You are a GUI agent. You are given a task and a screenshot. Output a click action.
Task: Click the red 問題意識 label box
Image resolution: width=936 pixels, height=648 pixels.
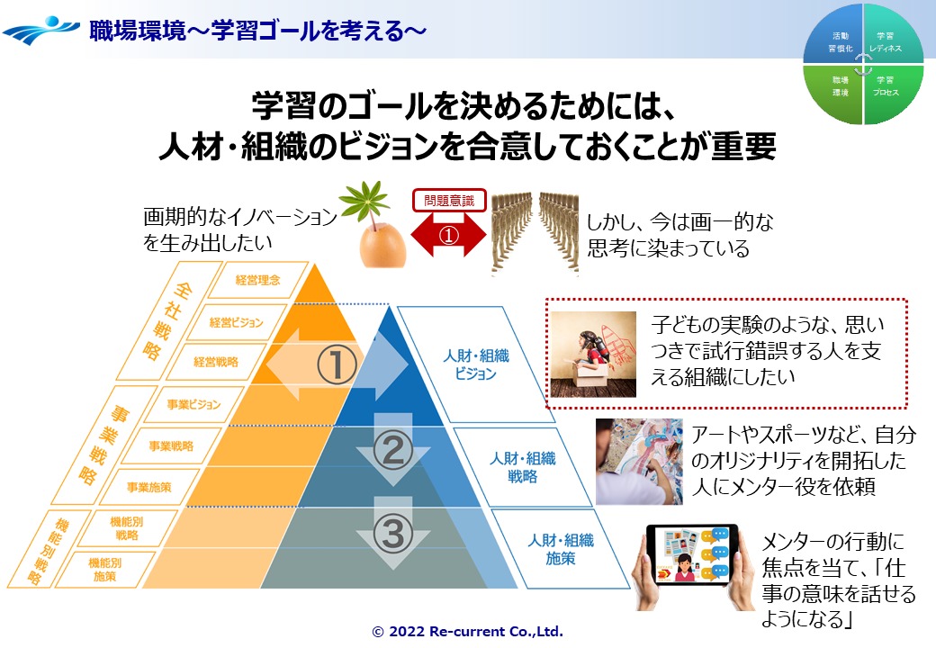(449, 201)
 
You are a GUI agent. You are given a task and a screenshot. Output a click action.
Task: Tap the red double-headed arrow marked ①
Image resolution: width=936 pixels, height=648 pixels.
(449, 235)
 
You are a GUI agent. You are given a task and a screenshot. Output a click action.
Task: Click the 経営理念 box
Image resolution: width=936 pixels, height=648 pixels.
(258, 280)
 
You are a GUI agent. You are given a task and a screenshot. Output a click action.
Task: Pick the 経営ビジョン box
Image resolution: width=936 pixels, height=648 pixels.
(237, 322)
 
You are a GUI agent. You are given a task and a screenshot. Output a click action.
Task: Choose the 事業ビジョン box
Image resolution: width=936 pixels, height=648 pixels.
(194, 405)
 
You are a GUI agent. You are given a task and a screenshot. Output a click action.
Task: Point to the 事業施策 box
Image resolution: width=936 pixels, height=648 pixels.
(149, 487)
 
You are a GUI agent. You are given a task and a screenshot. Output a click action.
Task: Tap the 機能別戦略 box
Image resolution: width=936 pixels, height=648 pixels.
(127, 528)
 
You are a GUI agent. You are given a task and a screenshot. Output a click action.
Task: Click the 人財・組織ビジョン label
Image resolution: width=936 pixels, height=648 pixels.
(476, 364)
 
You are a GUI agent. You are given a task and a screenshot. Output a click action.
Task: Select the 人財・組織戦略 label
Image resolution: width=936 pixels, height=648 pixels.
(523, 467)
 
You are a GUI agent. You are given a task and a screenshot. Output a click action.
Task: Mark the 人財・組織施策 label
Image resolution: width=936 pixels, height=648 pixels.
(561, 549)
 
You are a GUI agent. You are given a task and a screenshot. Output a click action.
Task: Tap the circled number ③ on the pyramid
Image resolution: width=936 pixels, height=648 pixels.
(392, 533)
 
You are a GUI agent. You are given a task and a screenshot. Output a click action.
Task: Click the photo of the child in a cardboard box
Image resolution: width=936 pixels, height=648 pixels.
(593, 355)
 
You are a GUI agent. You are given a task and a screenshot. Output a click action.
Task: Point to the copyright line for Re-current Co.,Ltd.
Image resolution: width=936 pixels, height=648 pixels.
(467, 631)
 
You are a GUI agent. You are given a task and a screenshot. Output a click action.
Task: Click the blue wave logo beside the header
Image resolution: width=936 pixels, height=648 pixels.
(41, 30)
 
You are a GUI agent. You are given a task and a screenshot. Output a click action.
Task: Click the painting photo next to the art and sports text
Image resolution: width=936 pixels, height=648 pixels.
(639, 461)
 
